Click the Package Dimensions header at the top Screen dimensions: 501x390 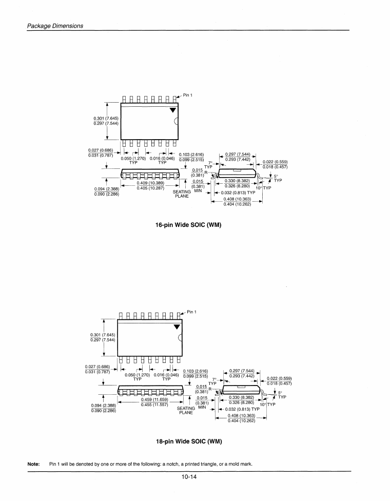click(x=55, y=26)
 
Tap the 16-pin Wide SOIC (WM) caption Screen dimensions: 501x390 click(x=188, y=224)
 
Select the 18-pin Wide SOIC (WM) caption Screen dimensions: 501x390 click(x=189, y=441)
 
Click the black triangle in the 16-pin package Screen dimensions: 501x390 click(x=173, y=109)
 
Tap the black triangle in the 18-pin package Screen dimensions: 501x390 click(x=177, y=326)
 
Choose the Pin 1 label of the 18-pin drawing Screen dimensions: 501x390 click(x=191, y=312)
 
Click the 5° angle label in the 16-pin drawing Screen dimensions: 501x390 click(x=276, y=177)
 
